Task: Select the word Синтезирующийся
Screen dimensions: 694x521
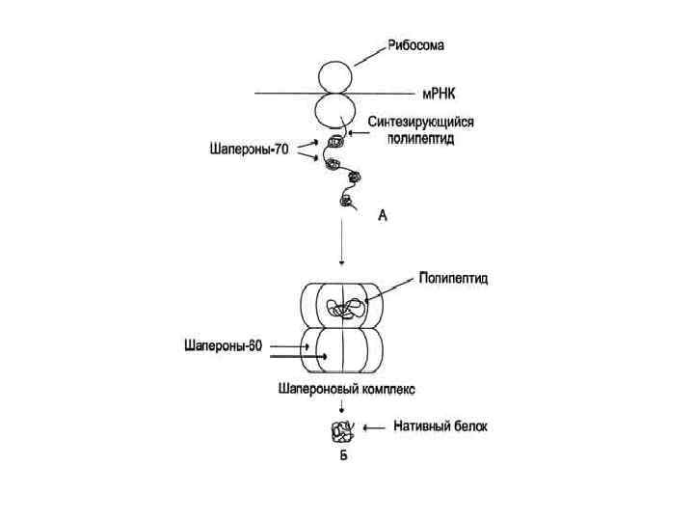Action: click(421, 123)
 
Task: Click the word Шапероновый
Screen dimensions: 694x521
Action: click(311, 390)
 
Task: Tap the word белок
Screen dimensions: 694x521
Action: click(469, 425)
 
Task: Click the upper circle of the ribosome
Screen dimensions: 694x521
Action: click(336, 76)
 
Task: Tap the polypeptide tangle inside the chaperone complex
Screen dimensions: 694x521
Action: click(345, 310)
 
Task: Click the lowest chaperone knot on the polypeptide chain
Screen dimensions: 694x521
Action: click(345, 202)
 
